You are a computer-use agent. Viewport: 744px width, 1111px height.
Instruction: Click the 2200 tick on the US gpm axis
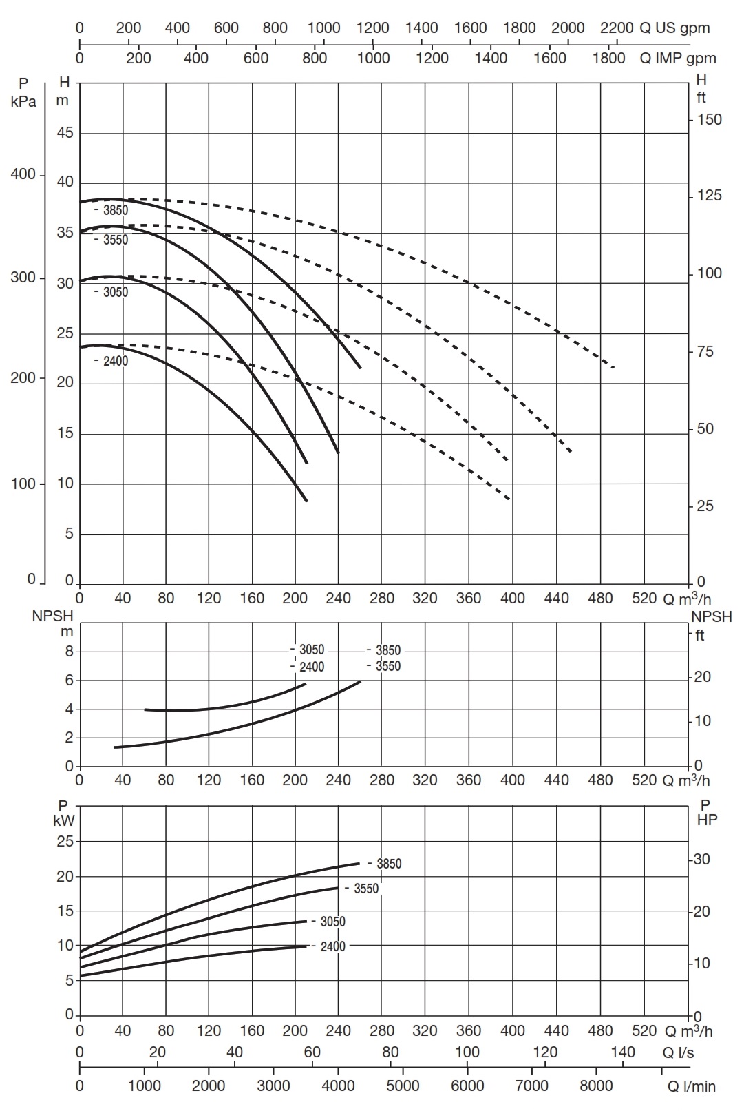click(x=617, y=28)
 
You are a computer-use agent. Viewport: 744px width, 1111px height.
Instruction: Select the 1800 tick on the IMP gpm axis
click(x=609, y=58)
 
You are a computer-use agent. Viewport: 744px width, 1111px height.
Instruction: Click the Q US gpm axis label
click(x=674, y=28)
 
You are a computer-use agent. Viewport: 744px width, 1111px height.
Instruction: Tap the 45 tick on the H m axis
click(x=65, y=133)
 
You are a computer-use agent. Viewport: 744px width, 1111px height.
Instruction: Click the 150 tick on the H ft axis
click(x=709, y=120)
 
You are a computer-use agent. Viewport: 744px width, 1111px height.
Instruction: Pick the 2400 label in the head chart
click(x=115, y=361)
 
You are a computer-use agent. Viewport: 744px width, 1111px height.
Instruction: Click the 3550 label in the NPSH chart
click(x=387, y=666)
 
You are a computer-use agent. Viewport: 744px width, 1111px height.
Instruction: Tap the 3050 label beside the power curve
click(x=332, y=922)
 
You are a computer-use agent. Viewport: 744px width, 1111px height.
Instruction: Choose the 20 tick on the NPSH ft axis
click(x=703, y=677)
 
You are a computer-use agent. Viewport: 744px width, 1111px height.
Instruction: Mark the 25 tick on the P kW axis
click(x=65, y=841)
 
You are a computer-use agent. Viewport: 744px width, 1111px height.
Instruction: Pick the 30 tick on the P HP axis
click(x=702, y=859)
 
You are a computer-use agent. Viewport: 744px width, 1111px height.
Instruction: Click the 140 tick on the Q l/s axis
click(x=623, y=1052)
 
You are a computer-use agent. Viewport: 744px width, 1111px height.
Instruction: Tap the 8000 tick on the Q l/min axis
click(x=596, y=1086)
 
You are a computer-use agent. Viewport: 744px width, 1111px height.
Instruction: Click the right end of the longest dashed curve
click(x=613, y=368)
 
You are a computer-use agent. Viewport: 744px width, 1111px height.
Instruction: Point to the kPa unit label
click(x=24, y=101)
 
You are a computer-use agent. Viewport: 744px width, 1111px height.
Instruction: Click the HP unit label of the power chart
click(x=707, y=820)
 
